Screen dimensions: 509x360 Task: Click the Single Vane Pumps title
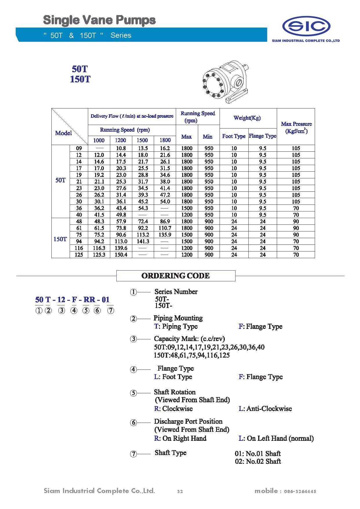(99, 20)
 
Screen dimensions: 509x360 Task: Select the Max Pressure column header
(296, 127)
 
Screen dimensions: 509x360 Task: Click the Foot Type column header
(234, 136)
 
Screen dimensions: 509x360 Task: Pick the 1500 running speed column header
(142, 140)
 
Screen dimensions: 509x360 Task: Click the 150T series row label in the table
(60, 239)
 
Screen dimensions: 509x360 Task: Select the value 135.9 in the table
(165, 235)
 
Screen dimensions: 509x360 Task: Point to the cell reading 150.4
(121, 255)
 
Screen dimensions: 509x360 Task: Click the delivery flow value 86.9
(165, 221)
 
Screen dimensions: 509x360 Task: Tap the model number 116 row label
(79, 248)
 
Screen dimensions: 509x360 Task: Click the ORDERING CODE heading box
(176, 276)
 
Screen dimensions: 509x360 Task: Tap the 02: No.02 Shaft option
(258, 461)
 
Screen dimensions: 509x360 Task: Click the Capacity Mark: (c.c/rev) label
(189, 338)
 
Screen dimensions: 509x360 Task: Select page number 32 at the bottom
(180, 491)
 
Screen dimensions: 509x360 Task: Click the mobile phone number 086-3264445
(300, 491)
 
